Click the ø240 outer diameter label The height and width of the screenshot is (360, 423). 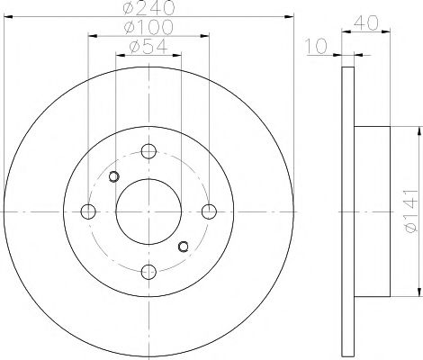[148, 8]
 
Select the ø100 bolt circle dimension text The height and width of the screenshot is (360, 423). [148, 28]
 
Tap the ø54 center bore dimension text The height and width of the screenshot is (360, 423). [148, 47]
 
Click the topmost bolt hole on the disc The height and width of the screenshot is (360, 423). [148, 152]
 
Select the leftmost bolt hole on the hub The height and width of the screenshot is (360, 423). [88, 211]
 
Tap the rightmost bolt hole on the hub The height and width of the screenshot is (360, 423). [209, 211]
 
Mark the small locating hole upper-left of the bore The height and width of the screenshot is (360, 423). [113, 176]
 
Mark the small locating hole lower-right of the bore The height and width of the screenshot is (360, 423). [184, 247]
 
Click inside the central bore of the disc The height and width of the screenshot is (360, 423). [148, 211]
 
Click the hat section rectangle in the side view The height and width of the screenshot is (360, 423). [371, 211]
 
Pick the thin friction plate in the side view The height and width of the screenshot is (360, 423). [348, 211]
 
